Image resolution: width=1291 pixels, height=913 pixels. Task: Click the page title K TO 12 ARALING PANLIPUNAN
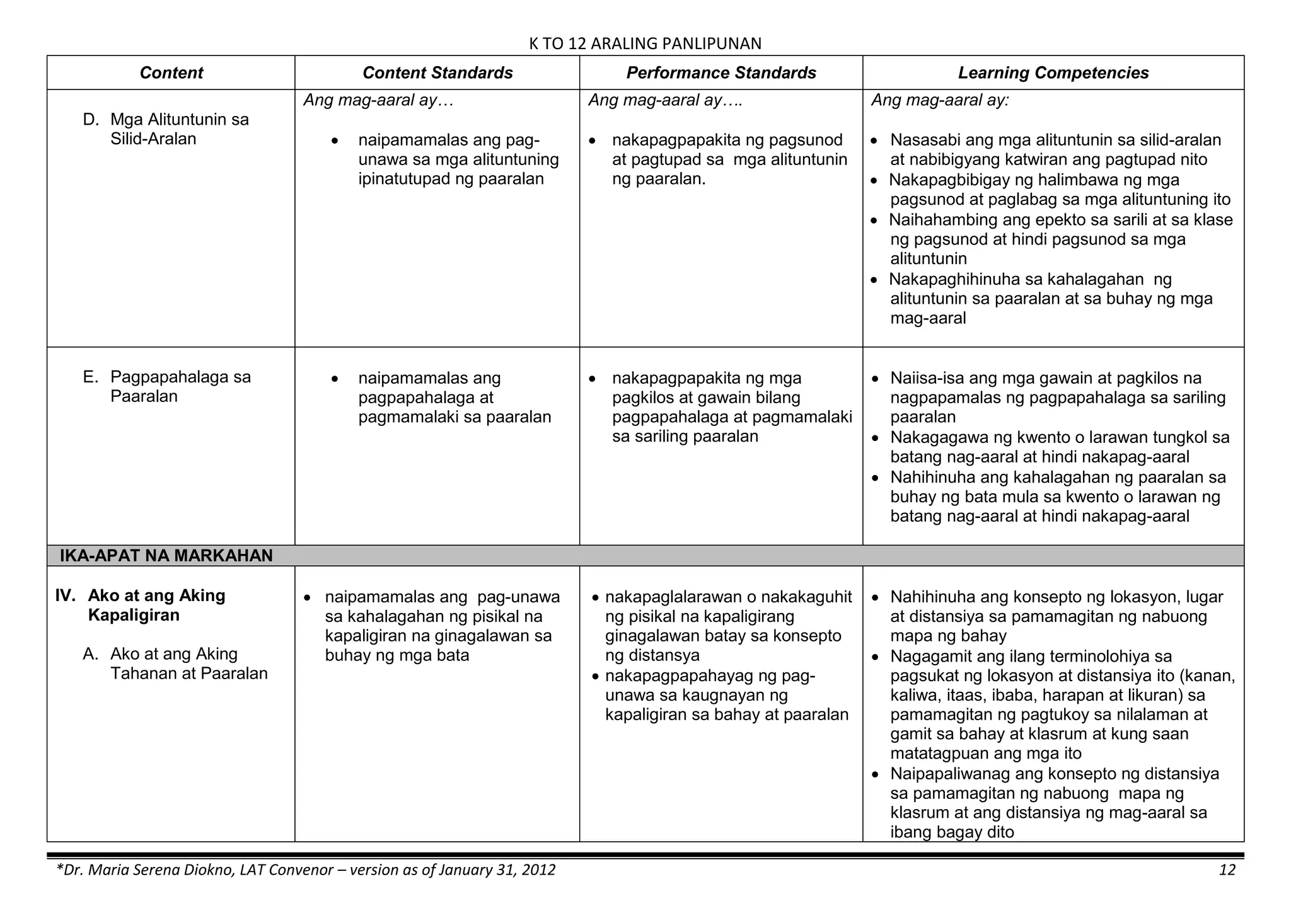point(645,43)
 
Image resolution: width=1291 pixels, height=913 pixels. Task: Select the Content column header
point(171,73)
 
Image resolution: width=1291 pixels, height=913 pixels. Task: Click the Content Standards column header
point(437,73)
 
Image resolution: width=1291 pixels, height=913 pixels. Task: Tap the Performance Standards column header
point(721,73)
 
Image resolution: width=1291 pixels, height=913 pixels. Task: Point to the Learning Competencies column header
point(1053,73)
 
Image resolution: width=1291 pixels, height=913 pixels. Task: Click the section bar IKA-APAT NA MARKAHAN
point(166,556)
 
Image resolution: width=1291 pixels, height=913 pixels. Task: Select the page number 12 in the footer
point(1227,870)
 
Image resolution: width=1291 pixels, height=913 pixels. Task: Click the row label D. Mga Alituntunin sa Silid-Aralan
point(179,129)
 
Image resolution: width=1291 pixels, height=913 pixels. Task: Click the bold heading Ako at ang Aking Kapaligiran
point(156,605)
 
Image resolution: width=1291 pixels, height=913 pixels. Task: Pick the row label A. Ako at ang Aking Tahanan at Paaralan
point(188,663)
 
